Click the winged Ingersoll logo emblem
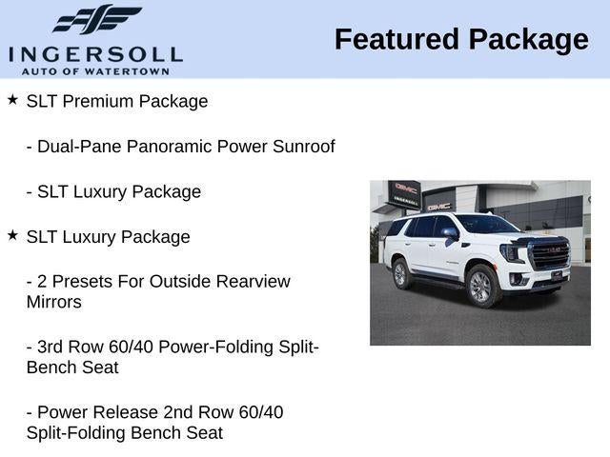pos(97,19)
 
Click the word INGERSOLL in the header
pos(95,55)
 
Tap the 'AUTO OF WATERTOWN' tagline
pos(95,71)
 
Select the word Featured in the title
pos(396,39)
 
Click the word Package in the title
pos(528,40)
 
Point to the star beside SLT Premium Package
pos(12,99)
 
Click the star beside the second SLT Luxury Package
pos(12,235)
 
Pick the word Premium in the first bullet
pos(98,102)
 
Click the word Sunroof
pos(304,147)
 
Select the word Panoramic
pos(170,147)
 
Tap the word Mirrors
pos(54,302)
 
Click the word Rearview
pos(254,282)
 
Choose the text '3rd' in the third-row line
pos(51,347)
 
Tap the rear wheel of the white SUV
pos(401,274)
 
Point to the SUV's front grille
pos(550,254)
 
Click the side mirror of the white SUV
pos(450,233)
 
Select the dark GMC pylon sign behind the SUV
pos(404,195)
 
